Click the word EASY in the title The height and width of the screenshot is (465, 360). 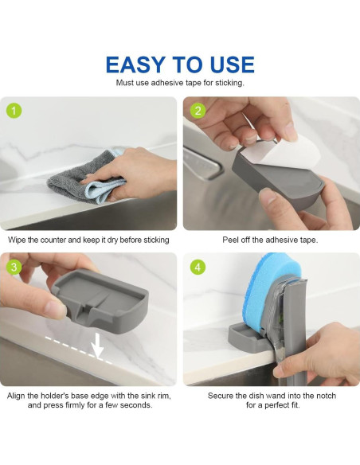[x=137, y=64]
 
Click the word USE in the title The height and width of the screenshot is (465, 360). [x=229, y=64]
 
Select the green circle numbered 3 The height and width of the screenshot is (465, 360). [x=14, y=266]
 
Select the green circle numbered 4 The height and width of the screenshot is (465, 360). [x=198, y=266]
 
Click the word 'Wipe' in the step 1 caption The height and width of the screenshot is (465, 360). [x=19, y=239]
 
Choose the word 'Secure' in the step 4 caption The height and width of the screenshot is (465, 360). [x=223, y=395]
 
